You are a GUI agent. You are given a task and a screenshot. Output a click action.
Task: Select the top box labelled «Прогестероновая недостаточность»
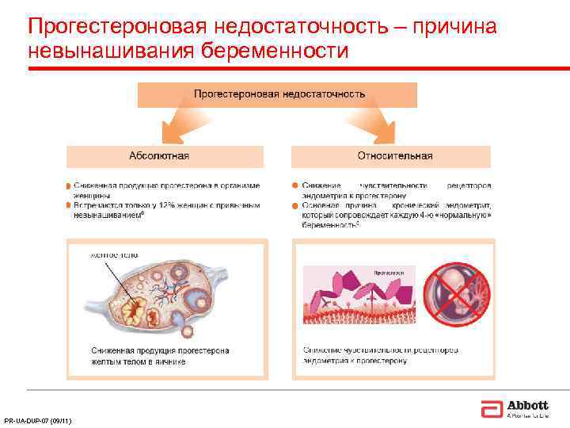coord(278,94)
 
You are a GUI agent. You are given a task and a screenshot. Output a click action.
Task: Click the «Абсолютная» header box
coord(159,155)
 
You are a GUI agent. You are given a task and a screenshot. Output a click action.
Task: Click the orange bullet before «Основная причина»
coord(294,205)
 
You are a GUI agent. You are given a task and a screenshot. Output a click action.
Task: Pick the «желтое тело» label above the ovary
coord(114,255)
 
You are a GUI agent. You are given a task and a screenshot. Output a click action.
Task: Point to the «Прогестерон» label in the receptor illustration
coord(388,272)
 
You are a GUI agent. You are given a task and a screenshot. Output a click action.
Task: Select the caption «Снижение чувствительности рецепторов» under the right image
coord(379,355)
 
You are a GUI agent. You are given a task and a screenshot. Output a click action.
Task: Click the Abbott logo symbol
coord(490,409)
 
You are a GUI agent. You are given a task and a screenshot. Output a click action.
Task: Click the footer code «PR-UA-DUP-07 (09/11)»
coord(38,421)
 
